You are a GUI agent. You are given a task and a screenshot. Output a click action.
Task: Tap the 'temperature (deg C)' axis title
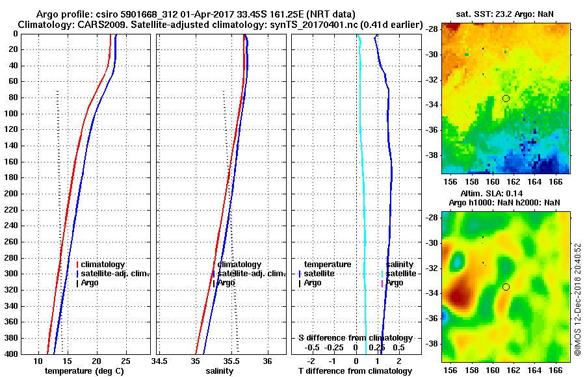[x=84, y=371]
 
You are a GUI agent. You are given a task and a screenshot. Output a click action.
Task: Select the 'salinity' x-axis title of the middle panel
[x=220, y=371]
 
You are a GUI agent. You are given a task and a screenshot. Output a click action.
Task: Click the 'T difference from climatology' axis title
[x=355, y=371]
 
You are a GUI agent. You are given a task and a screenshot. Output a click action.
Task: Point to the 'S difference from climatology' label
[x=355, y=338]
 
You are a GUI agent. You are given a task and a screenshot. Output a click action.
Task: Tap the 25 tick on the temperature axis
[x=125, y=361]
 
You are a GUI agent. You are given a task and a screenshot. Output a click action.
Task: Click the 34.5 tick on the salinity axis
[x=159, y=361]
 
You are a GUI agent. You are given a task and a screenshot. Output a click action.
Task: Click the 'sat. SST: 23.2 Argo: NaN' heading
[x=501, y=12]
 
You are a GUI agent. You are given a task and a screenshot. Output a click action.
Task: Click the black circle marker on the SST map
[x=506, y=98]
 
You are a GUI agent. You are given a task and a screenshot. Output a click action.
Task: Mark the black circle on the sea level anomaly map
[x=506, y=287]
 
